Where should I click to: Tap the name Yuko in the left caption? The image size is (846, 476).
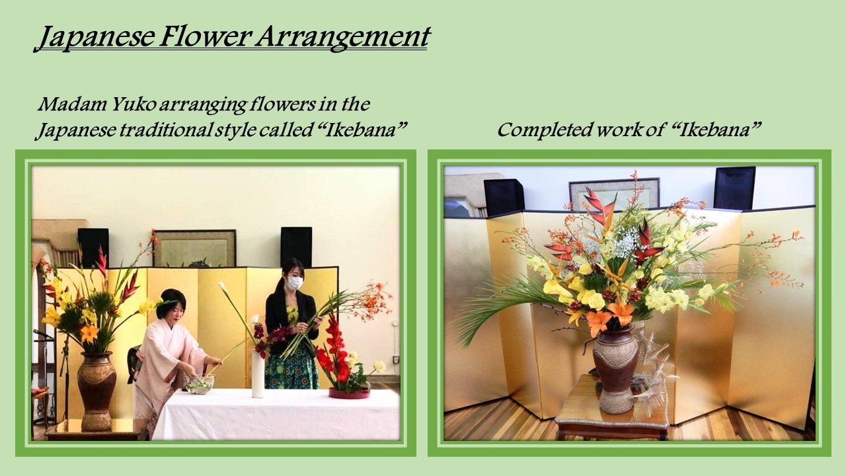pos(133,104)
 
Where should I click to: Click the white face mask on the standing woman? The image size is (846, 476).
pos(295,282)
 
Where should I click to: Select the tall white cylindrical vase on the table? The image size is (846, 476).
pos(258,374)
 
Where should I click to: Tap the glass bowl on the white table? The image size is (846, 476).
pos(199,383)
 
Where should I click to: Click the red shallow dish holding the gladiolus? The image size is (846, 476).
pos(350,393)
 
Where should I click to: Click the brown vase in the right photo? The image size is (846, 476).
pos(616,370)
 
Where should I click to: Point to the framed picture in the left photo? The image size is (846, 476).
pos(195,248)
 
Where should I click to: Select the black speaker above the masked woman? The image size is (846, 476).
pos(296,247)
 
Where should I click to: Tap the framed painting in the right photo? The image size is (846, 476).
pos(614,194)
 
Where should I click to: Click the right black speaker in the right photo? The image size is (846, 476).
pos(734,188)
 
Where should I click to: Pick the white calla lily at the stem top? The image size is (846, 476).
pos(224,287)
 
